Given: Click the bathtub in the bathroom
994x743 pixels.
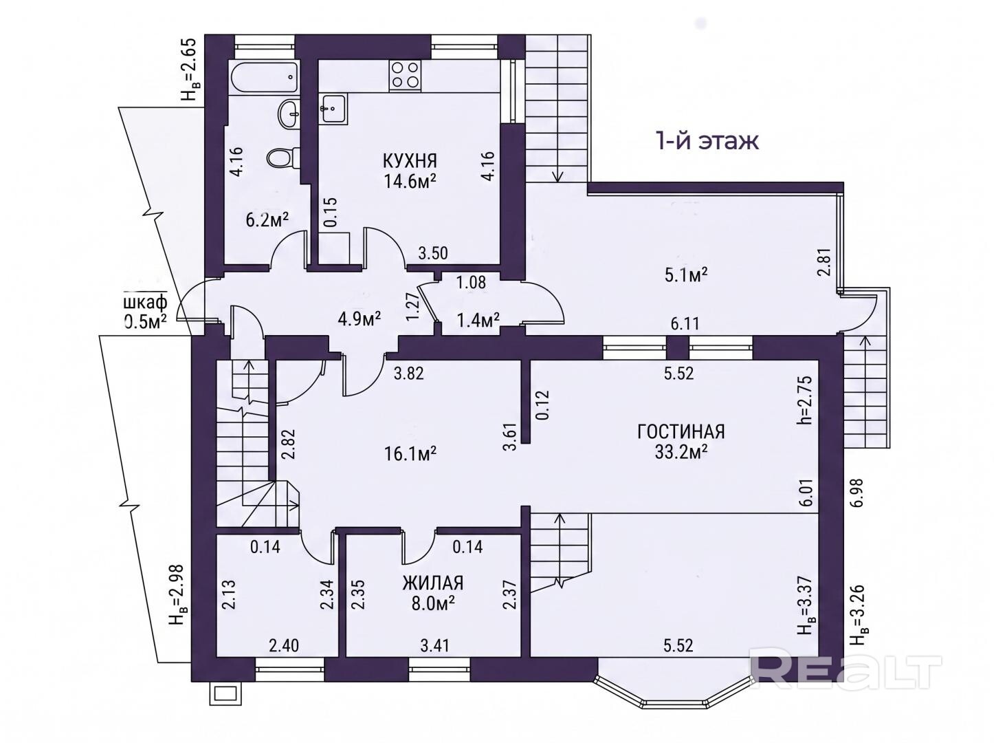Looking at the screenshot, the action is [264, 78].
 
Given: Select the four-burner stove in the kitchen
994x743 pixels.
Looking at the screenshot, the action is [404, 75].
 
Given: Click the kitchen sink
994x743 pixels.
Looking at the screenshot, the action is [334, 109].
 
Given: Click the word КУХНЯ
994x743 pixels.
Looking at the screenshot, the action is [410, 161].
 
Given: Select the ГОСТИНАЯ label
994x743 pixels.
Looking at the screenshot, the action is [681, 432].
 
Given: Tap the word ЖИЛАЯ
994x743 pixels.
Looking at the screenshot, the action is [433, 583].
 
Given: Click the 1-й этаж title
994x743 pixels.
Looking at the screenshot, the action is [707, 141].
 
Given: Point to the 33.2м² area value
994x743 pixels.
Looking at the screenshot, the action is [681, 452].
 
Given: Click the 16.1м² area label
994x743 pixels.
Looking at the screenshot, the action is [410, 453].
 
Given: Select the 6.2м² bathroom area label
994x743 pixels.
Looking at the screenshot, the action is [267, 220].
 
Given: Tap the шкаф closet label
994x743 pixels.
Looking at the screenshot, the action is [145, 302].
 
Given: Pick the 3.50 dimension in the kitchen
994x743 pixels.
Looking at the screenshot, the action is [433, 252].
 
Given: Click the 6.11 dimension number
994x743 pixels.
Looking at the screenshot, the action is [685, 323].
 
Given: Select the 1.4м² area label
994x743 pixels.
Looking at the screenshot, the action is [478, 321].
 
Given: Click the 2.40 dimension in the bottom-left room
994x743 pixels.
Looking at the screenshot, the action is [284, 645].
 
